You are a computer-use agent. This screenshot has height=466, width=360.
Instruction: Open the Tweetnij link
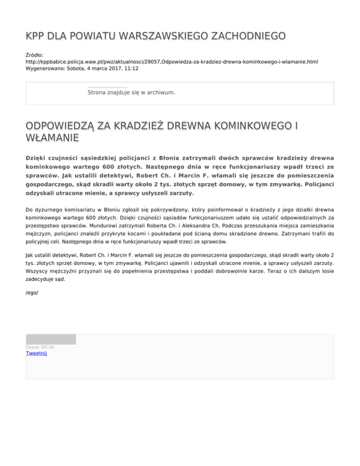(36, 353)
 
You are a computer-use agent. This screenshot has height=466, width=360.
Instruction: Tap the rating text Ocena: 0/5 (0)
(40, 347)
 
